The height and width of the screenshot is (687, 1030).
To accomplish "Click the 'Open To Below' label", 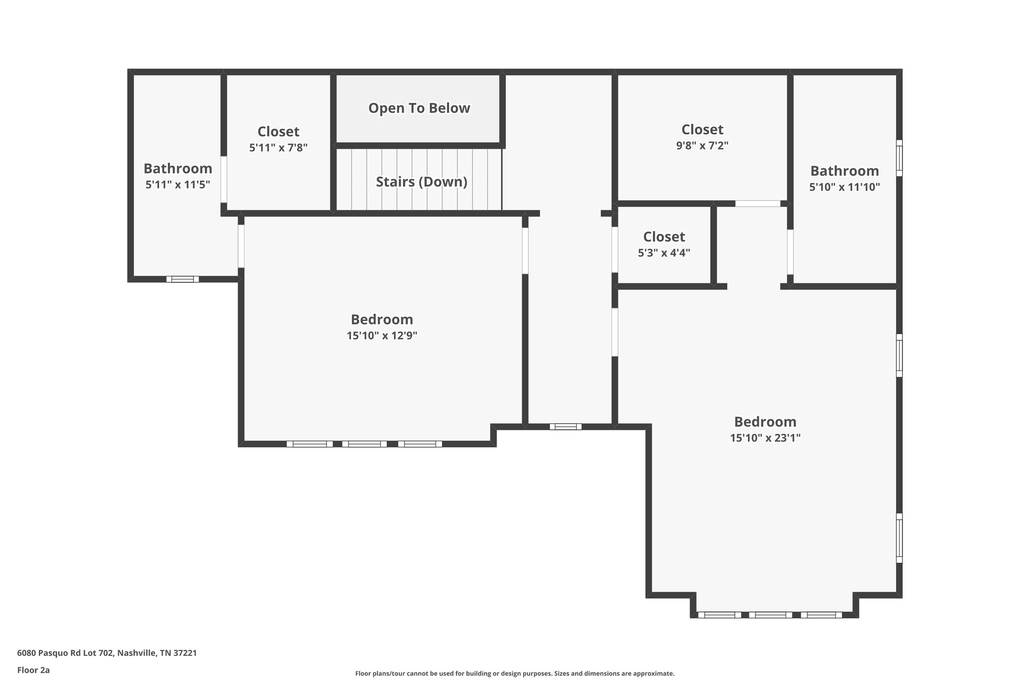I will click(x=419, y=108).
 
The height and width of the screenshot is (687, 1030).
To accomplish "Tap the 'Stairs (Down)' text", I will click(x=421, y=182).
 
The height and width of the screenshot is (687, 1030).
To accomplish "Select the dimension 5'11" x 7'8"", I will click(x=278, y=148).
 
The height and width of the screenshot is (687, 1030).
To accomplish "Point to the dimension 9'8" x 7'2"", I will click(x=702, y=146).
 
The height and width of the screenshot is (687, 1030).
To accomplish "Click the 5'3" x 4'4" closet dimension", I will click(x=664, y=253).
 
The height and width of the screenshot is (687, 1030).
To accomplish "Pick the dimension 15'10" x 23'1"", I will click(x=765, y=438).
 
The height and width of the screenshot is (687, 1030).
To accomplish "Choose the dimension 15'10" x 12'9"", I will click(x=382, y=336).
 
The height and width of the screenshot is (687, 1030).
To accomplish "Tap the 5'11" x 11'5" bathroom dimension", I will click(x=178, y=185).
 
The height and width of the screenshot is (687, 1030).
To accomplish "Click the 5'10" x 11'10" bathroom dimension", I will click(x=844, y=187).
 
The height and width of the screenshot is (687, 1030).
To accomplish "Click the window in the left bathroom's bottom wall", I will click(x=183, y=279).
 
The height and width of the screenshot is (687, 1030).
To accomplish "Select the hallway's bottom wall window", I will click(x=565, y=426).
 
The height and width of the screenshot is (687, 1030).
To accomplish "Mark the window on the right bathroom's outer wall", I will click(x=899, y=158).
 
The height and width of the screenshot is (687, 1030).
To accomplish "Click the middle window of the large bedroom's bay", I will click(x=770, y=615).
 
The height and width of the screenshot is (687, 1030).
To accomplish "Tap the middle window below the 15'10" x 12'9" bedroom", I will click(x=365, y=444).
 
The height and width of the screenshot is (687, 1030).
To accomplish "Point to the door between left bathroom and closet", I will click(x=224, y=179).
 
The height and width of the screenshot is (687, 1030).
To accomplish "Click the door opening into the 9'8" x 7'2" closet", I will click(x=758, y=204).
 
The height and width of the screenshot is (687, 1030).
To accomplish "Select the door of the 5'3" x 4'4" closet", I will click(x=615, y=250).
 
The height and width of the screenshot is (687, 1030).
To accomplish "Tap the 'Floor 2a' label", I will click(x=33, y=670).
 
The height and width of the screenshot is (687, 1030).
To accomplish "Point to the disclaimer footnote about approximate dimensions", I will click(x=514, y=673).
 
